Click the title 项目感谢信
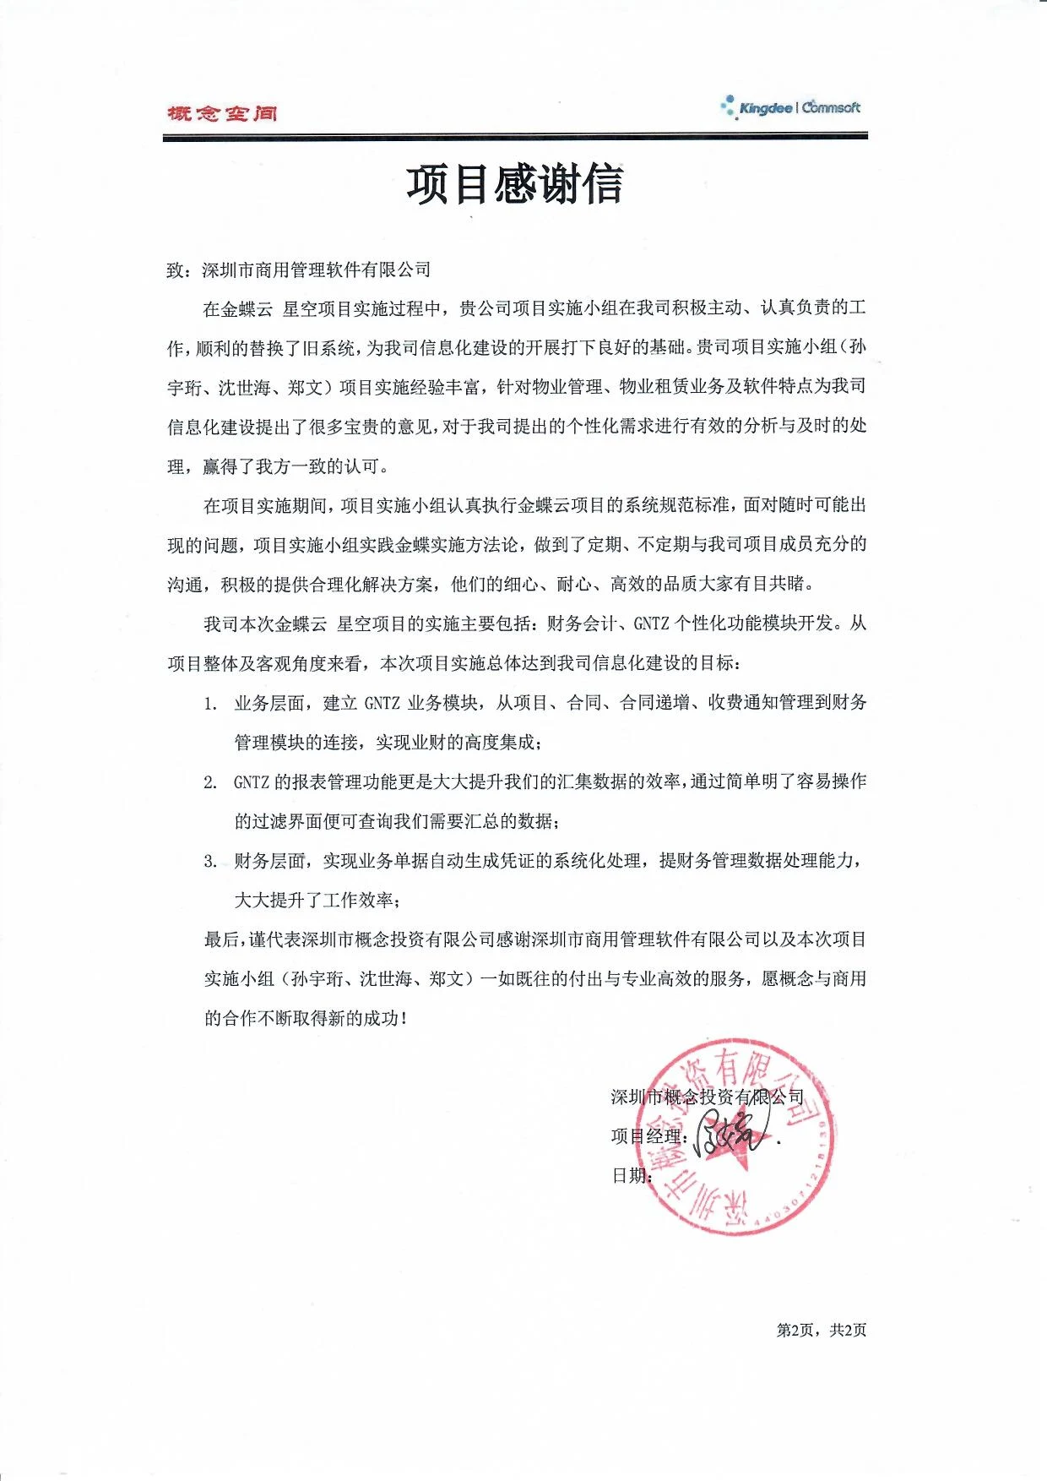tap(514, 184)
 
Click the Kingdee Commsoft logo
tap(791, 108)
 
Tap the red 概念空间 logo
tap(222, 113)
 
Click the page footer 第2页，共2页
tap(821, 1331)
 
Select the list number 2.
tap(210, 782)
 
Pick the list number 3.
tap(210, 862)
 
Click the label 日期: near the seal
tap(631, 1175)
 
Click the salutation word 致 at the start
tap(176, 270)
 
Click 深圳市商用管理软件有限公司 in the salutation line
tap(317, 270)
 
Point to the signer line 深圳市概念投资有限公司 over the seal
tap(707, 1097)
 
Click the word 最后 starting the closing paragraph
tap(221, 939)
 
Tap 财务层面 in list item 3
tap(269, 861)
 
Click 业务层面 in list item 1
tap(269, 703)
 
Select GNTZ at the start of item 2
tap(251, 782)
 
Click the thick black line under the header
tap(515, 136)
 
